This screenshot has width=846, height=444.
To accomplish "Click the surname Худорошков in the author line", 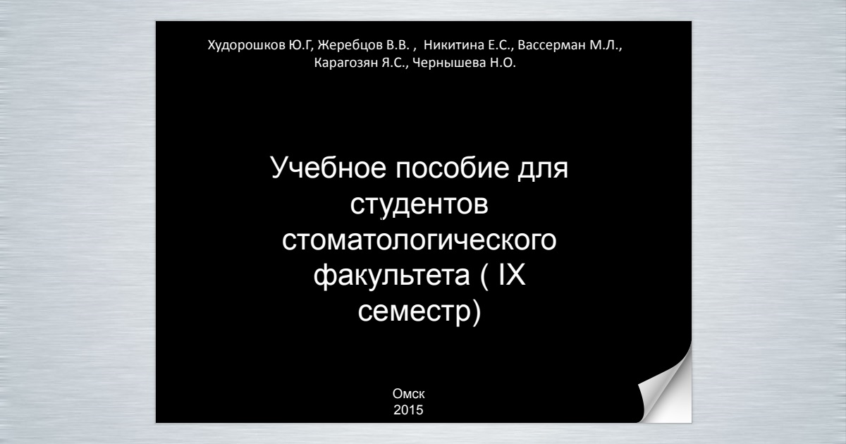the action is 246,45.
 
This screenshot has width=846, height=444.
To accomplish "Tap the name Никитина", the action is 453,45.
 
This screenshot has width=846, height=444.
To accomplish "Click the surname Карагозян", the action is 346,63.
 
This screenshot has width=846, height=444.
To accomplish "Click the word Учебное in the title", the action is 329,168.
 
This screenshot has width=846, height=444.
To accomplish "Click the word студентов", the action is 419,204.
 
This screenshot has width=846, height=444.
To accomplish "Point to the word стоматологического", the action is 419,240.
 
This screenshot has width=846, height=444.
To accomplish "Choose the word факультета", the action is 392,276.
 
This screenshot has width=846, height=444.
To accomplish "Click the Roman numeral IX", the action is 513,274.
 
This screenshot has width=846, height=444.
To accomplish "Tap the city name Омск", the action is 409,394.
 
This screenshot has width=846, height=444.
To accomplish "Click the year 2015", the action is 408,410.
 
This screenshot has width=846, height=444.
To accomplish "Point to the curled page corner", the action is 668,393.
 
